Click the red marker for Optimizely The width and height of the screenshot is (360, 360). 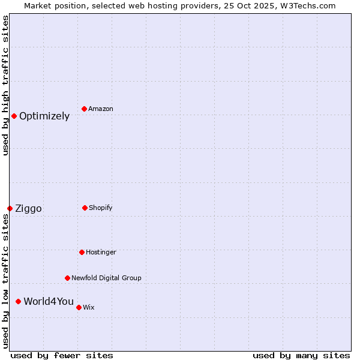point(14,116)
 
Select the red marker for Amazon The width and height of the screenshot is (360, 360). point(84,109)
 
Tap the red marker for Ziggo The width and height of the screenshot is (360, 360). point(10,208)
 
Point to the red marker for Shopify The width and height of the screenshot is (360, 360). point(85,208)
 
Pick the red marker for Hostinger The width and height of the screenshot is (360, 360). point(82,252)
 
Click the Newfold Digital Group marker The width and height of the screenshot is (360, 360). point(67,278)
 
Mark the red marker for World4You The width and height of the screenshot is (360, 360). point(18,301)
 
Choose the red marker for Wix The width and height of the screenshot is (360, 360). point(79,307)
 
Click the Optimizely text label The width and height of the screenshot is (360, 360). point(44,116)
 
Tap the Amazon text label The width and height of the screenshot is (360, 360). point(101,109)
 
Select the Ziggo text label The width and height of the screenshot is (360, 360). point(28,209)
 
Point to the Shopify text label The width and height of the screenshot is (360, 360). point(101,208)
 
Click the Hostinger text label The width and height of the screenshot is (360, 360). point(101,253)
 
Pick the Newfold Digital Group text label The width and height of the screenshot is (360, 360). point(106,278)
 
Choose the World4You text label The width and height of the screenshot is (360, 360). point(49,302)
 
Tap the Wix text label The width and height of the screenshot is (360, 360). point(89,308)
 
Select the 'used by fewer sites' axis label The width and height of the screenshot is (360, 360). point(62,355)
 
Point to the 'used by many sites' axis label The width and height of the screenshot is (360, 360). point(301,355)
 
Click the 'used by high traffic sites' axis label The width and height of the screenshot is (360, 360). point(5,85)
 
